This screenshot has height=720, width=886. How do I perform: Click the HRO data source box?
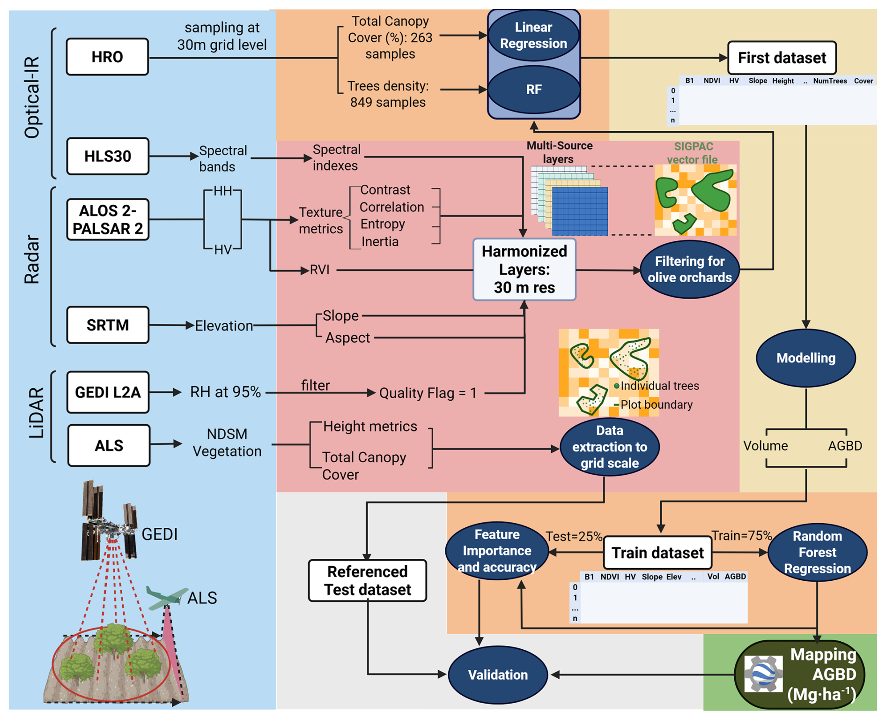click(107, 57)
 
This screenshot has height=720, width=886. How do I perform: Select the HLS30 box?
click(108, 156)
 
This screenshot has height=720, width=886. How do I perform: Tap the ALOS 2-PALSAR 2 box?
click(108, 219)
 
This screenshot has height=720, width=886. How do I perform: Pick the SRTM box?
click(108, 325)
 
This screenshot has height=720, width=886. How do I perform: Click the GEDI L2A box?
click(108, 392)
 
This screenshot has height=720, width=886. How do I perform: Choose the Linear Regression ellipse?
click(533, 36)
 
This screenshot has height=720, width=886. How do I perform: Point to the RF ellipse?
click(533, 90)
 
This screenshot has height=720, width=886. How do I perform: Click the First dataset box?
click(782, 58)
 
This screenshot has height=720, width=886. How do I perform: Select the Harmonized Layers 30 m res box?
click(524, 270)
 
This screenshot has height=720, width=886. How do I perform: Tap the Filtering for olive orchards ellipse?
click(689, 270)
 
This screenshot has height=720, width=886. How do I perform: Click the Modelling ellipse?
click(805, 358)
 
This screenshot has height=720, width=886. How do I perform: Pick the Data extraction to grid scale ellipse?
click(609, 447)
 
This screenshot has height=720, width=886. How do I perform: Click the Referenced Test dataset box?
click(367, 580)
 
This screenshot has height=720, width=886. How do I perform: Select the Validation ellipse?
click(498, 675)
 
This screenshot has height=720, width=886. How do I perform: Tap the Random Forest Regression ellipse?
click(817, 552)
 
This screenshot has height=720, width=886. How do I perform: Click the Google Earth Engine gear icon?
click(763, 674)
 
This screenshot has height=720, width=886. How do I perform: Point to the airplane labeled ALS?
click(164, 598)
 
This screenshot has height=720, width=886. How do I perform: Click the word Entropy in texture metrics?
click(382, 224)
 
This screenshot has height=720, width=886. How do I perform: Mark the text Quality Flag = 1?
click(428, 393)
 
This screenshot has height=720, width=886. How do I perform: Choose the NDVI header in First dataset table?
click(711, 81)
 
